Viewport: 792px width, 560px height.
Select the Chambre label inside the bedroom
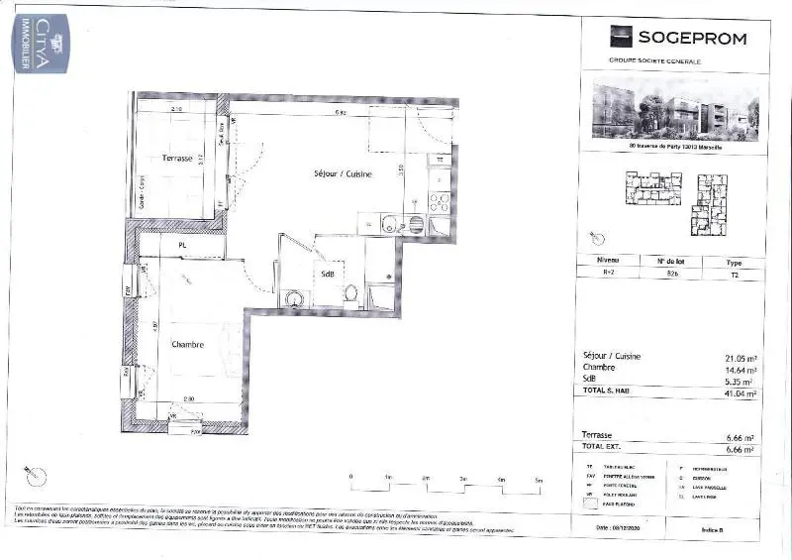[187, 345]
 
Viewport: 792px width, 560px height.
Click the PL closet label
[183, 245]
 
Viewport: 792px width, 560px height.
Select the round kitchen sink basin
[388, 224]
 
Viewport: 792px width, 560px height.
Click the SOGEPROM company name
[691, 39]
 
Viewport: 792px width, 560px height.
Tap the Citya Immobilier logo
[41, 42]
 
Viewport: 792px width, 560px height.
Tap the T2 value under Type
[734, 277]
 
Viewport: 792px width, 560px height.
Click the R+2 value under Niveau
[607, 277]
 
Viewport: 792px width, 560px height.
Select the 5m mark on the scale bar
[538, 479]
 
